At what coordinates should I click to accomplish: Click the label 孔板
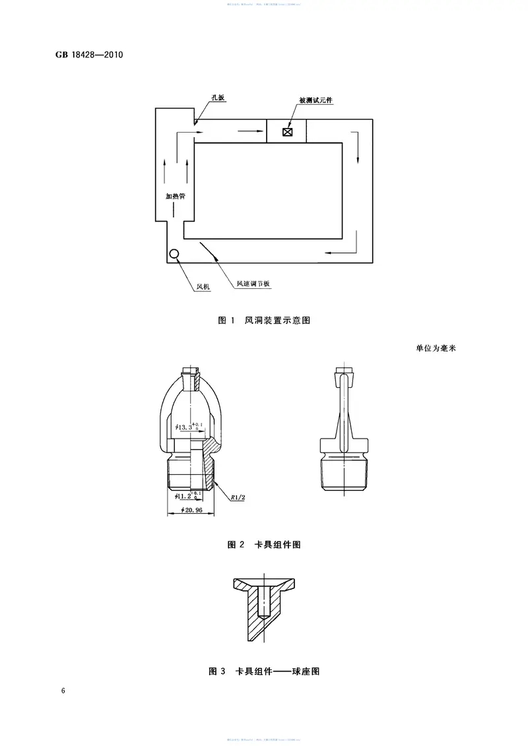pos(218,98)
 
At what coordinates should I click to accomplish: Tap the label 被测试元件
pos(316,100)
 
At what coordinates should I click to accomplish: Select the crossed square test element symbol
pos(287,131)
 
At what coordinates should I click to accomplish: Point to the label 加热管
pos(175,196)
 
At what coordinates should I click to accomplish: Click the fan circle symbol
pos(174,254)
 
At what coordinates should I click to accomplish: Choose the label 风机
pos(204,286)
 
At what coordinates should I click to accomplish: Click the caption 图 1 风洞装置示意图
pos(264,321)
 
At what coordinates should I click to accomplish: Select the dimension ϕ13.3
pos(188,427)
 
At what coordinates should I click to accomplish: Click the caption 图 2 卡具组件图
pos(264,545)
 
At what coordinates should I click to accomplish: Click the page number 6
pos(63,691)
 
